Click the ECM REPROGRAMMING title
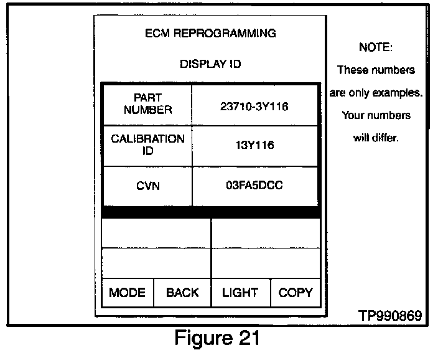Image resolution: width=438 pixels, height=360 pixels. [x=210, y=33]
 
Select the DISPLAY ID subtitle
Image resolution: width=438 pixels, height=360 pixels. [x=210, y=64]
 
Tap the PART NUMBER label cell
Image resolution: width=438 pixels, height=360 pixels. [x=147, y=104]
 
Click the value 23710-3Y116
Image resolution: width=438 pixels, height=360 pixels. [x=254, y=106]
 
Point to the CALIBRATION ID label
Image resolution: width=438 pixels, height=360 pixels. [x=147, y=144]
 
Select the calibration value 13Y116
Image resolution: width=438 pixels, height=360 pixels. [x=254, y=145]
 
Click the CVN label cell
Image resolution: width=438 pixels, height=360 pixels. [x=147, y=186]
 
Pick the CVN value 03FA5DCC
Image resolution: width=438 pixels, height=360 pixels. [x=254, y=185]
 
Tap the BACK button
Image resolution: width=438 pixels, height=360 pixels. [x=182, y=293]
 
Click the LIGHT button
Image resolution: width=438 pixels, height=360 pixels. [x=240, y=293]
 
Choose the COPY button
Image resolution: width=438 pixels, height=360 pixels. [x=296, y=293]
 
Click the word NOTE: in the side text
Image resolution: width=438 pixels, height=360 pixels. [x=376, y=48]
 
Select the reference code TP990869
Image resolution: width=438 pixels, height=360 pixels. [x=390, y=315]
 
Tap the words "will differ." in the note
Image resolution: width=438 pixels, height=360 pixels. [x=376, y=138]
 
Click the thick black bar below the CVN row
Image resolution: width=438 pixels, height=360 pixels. [x=210, y=212]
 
